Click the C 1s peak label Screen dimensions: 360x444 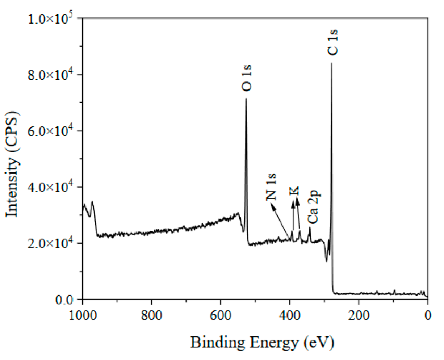coord(333,42)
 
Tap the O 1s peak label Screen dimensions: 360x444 coord(247,78)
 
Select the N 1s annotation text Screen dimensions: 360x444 coord(272,187)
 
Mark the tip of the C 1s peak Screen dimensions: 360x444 coord(331,63)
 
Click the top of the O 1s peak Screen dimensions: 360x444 coord(246,99)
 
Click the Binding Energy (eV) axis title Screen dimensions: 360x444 coord(262,342)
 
